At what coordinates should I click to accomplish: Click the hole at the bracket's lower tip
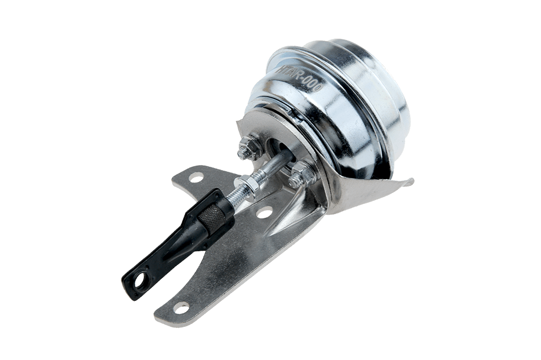coord(181,307)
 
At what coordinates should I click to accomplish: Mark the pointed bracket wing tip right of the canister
coord(410,181)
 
